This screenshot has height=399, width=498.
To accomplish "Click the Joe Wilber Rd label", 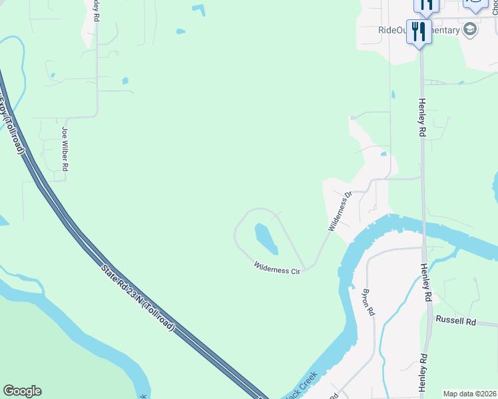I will point(65,150).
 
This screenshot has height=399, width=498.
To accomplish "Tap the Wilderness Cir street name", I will point(278,269).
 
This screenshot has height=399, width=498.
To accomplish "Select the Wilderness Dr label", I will point(339,212).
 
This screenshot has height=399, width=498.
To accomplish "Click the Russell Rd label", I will point(456,321).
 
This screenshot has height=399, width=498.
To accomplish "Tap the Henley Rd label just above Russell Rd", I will point(425,283).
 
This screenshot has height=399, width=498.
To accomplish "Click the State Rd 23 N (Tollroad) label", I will point(138,298).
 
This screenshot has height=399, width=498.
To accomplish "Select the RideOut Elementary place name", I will point(419,30).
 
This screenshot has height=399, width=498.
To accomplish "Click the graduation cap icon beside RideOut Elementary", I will point(471,29).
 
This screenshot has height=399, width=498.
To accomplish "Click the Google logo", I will point(22,391).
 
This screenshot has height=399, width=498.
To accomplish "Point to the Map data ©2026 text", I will point(469,394).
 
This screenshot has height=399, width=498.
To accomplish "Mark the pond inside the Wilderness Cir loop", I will point(265,238).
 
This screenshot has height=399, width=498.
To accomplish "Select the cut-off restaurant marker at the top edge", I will point(425,5).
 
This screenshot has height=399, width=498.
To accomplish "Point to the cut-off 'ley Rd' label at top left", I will point(97,9).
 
